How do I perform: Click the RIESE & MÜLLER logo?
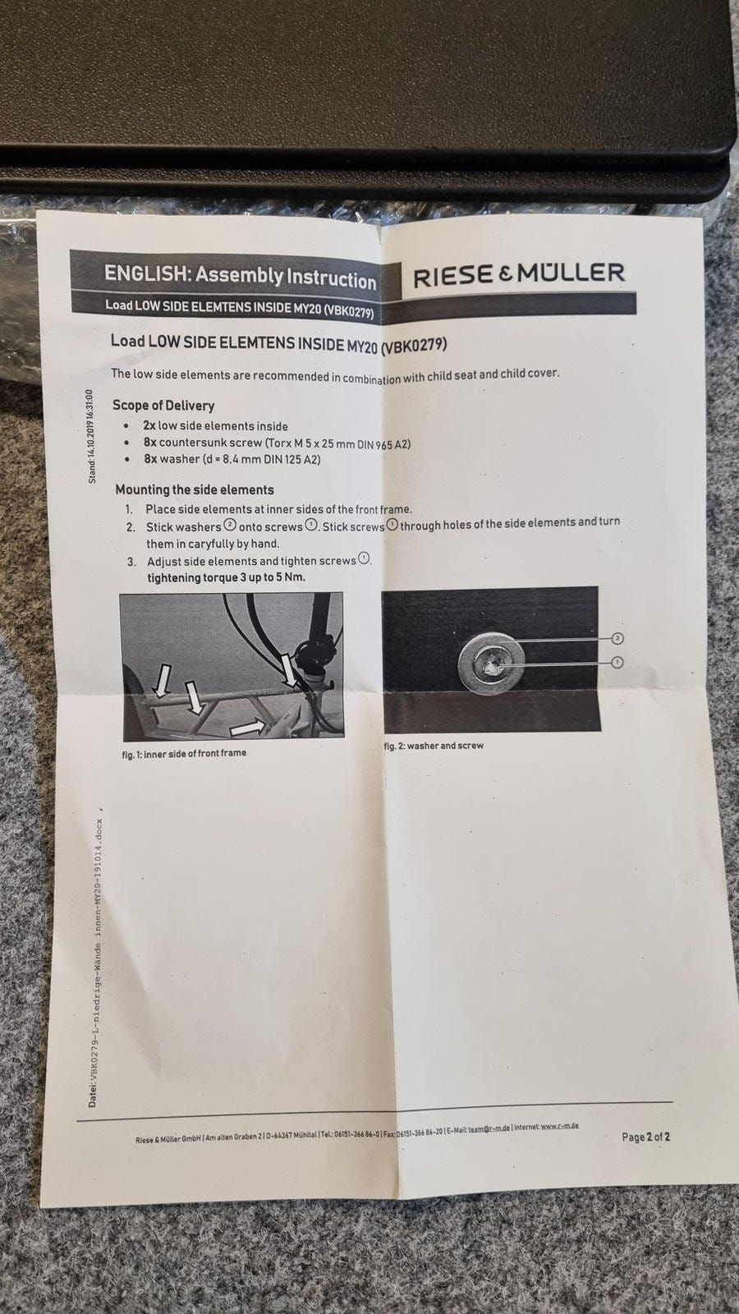coord(519,275)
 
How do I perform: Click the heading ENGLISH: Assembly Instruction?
coord(241,276)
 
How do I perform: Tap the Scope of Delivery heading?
coord(163,406)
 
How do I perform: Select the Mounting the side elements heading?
coord(194,489)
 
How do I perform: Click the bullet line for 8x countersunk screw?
coord(277,443)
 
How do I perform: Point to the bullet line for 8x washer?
coord(232,459)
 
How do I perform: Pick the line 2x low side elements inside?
coord(215,426)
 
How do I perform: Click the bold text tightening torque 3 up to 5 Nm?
coord(227,577)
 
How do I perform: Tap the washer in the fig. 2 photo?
coord(490,664)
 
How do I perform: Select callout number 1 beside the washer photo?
coord(617,662)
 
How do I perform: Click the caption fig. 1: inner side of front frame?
coord(184,753)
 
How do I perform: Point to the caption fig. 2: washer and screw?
coord(434,746)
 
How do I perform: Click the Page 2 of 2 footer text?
coord(645,1137)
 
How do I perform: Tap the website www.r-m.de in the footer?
coord(559,1126)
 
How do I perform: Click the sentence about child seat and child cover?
coord(335,374)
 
